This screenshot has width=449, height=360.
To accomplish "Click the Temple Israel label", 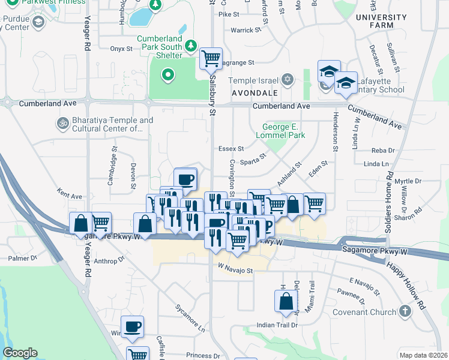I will [253, 80].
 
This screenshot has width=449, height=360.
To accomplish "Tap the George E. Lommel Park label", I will [285, 131].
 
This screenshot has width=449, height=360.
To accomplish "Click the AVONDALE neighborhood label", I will [255, 94].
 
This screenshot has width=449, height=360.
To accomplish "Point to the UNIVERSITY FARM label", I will [381, 22].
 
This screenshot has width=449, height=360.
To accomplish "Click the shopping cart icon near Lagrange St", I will [211, 59].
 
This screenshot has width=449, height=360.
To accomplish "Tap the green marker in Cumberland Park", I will [168, 75].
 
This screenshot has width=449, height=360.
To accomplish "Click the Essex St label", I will [231, 148].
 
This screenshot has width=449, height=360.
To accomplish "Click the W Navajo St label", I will [236, 271].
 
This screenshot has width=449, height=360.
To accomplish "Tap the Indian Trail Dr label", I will [277, 325].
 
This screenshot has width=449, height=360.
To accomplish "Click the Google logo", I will [19, 353].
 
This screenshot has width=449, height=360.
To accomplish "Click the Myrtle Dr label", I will [409, 181].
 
